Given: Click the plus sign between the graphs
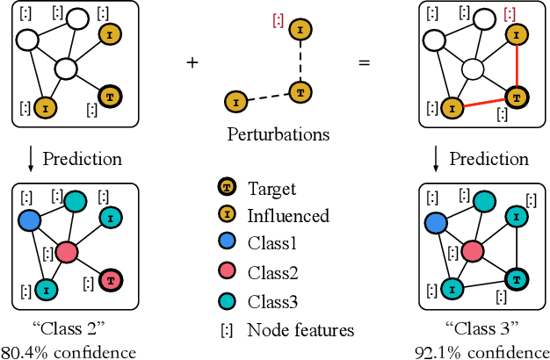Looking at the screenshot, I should pyautogui.click(x=192, y=62).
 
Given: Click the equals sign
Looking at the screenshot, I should pyautogui.click(x=364, y=62).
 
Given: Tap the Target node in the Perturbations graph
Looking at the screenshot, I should pyautogui.click(x=300, y=90).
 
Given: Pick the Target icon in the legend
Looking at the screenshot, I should pyautogui.click(x=226, y=188).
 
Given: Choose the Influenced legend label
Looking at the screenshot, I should pyautogui.click(x=288, y=215).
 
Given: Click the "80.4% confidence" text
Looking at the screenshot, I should pyautogui.click(x=69, y=351).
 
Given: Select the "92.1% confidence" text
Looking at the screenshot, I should pyautogui.click(x=481, y=351).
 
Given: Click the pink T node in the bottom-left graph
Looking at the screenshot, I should pyautogui.click(x=111, y=280).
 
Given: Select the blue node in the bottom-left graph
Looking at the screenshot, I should pyautogui.click(x=28, y=220).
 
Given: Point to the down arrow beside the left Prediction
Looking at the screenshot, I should pyautogui.click(x=32, y=160).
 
